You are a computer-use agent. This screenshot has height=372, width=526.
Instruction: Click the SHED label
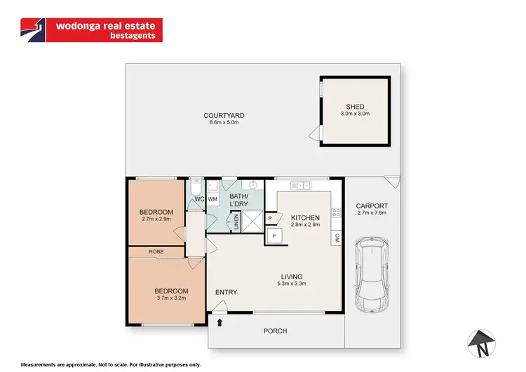click(x=355, y=107)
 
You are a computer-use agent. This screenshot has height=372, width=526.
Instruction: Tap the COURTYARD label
click(x=224, y=116)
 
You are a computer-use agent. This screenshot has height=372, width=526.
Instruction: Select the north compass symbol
click(x=483, y=343)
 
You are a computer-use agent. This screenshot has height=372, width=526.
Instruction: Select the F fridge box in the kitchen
click(x=274, y=236)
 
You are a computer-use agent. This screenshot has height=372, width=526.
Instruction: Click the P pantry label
click(x=271, y=219)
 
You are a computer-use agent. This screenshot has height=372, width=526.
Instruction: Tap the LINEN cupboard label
click(x=236, y=221)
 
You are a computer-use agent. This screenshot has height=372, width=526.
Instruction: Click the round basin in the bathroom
click(x=256, y=185)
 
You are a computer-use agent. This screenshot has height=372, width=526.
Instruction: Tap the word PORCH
click(x=275, y=331)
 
